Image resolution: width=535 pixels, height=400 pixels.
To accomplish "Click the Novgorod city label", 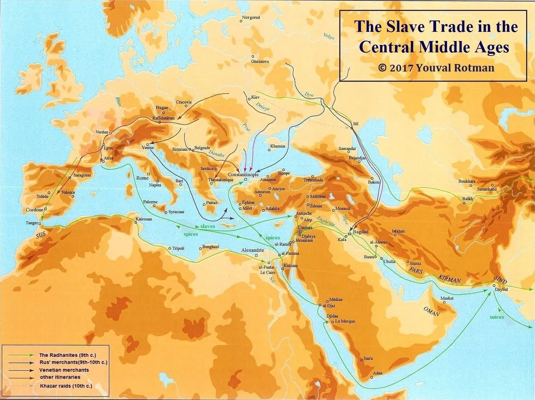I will click(x=251, y=17).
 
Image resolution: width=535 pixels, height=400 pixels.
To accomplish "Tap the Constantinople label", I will click(x=243, y=175).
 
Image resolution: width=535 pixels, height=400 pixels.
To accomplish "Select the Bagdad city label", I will click(x=361, y=232).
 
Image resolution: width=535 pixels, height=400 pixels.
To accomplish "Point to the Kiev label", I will click(x=255, y=97).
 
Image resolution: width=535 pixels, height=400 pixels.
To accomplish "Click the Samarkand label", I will click(x=487, y=189).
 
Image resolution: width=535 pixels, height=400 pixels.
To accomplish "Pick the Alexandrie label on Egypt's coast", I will click(x=252, y=250).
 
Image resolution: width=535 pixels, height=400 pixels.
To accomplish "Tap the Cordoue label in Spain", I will click(x=34, y=210).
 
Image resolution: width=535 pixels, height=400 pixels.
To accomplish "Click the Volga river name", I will click(x=328, y=36).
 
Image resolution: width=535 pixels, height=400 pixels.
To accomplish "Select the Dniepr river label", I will click(x=262, y=106).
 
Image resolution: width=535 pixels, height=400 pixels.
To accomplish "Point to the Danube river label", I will click(x=216, y=153).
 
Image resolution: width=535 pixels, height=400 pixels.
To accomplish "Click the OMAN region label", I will click(x=431, y=311).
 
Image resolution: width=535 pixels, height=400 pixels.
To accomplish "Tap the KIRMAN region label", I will click(x=449, y=279).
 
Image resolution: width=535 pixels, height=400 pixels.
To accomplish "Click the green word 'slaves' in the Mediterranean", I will click(x=207, y=226).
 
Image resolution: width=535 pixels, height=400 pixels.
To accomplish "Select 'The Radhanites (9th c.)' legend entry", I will click(x=67, y=355).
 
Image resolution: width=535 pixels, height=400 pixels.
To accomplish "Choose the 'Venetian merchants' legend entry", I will click(x=64, y=370).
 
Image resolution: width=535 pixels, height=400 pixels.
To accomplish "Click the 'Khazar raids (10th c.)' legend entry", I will click(x=66, y=386).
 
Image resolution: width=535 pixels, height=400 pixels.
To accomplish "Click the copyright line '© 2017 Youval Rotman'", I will click(x=436, y=68).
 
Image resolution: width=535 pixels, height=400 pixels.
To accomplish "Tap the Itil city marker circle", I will click(x=351, y=128).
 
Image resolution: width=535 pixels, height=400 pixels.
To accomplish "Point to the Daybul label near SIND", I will click(x=501, y=289).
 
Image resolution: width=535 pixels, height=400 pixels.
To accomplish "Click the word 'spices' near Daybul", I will click(x=497, y=317).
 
